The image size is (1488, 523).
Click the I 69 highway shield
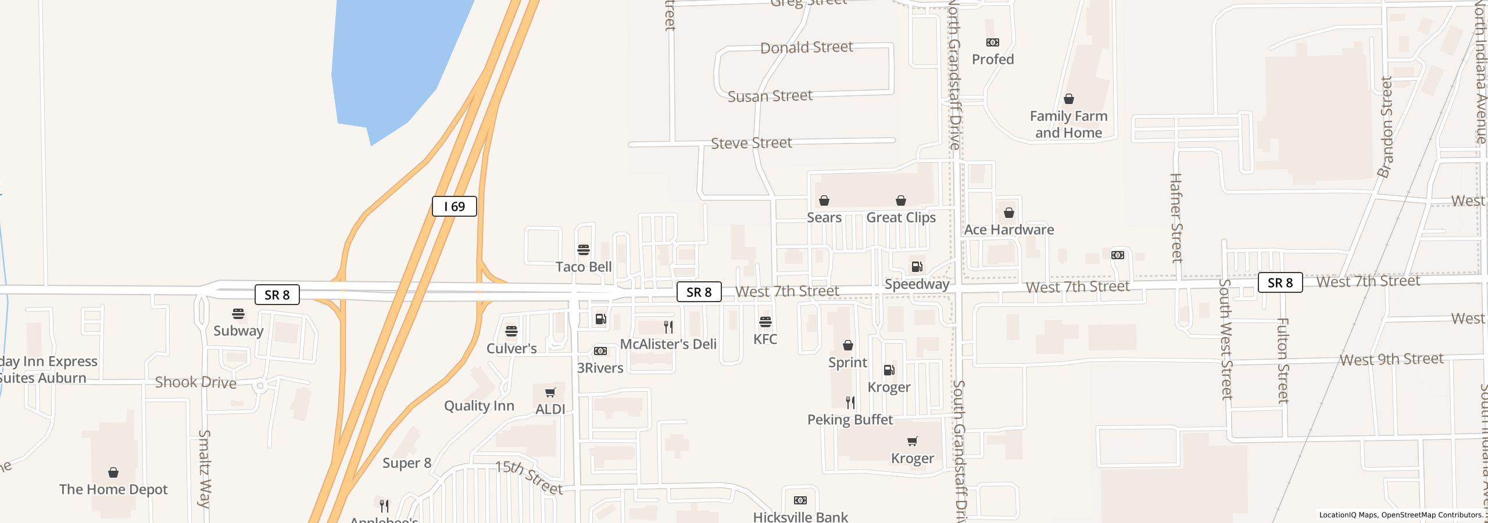point(454,206)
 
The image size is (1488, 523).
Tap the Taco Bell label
point(583,267)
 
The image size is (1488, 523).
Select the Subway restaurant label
point(238,331)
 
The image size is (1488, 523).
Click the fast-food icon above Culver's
point(512,331)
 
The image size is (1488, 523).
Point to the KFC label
point(765,339)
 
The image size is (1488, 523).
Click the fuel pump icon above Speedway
point(917,267)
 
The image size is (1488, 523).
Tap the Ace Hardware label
point(1008,230)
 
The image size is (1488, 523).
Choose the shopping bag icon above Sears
point(824,201)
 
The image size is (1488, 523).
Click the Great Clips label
point(900,217)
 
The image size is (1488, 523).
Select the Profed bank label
point(993,59)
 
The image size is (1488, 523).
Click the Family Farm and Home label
point(1068,124)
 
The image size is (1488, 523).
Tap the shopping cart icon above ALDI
point(550,393)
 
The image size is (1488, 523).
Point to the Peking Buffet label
point(850,420)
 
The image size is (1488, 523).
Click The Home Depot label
point(113,489)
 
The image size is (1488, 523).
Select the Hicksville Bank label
point(800,516)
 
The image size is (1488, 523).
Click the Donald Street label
point(806,47)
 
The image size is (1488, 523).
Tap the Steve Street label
point(751,143)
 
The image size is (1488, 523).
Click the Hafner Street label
point(1175,217)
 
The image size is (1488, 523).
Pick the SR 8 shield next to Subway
point(277,295)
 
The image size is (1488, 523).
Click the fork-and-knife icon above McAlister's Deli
point(668,327)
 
